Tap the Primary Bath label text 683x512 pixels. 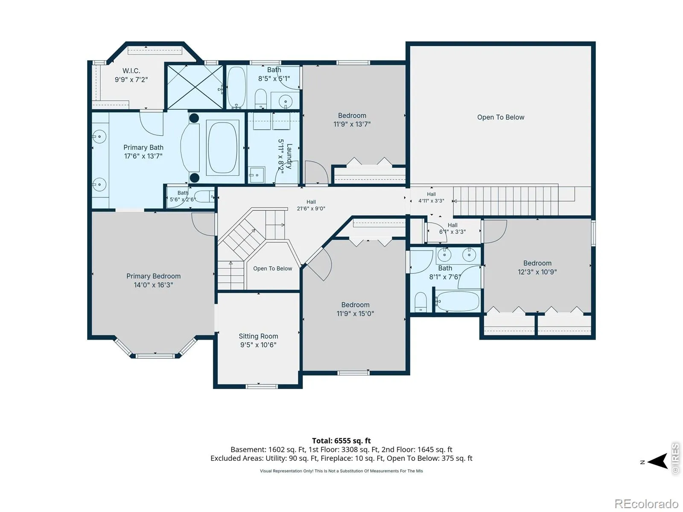pos(143,147)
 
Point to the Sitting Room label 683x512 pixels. pos(258,336)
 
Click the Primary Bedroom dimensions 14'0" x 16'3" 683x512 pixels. pos(153,285)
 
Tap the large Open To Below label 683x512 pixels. pos(501,117)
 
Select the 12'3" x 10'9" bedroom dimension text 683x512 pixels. pos(537,272)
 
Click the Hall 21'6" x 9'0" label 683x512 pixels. pos(311,205)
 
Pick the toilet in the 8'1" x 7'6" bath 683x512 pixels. pos(421,301)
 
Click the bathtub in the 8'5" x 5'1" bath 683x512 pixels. pos(236,87)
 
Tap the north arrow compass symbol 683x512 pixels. pos(657,461)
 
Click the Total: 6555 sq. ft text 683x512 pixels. pos(341,440)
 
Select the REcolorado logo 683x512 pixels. pos(646,503)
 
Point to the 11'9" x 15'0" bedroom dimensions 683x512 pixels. pos(355,313)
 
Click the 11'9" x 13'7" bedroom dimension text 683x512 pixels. pos(352,124)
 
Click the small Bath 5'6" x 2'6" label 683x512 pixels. pos(183,196)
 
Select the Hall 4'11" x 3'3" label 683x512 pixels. pos(431,198)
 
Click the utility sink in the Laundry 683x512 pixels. pos(257,175)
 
